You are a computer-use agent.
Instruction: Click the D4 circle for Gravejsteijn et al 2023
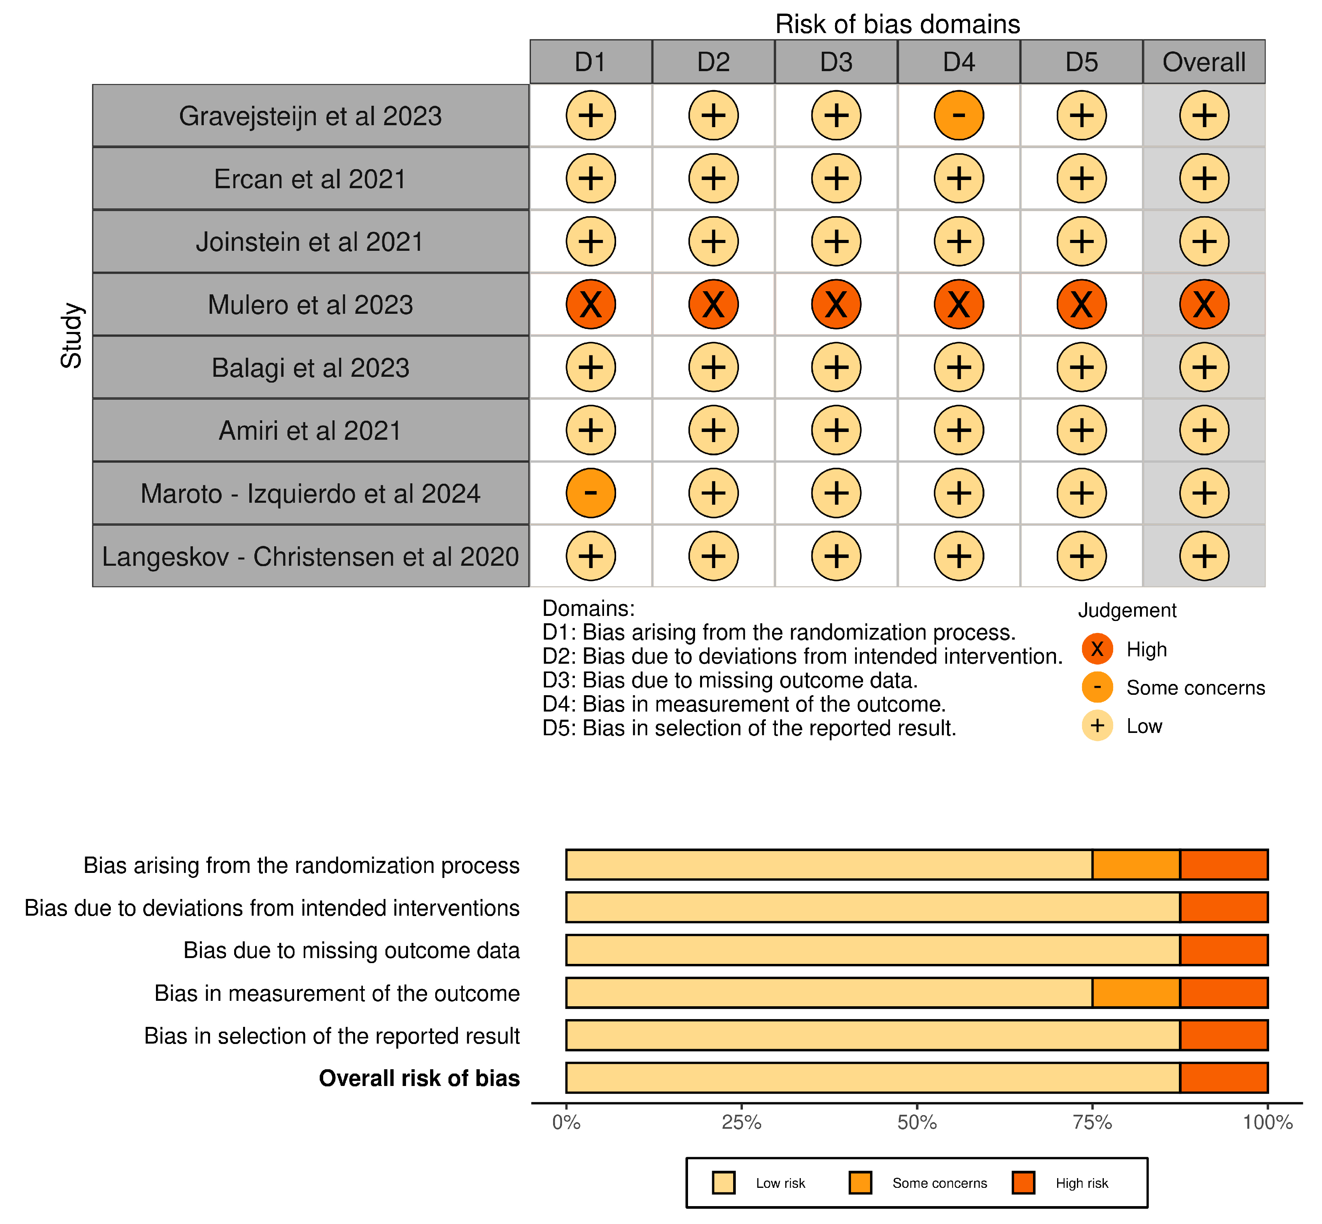click(958, 115)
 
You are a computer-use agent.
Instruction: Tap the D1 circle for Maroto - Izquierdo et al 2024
click(590, 493)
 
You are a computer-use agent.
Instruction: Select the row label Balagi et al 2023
click(310, 367)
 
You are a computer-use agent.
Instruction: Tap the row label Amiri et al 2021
click(310, 430)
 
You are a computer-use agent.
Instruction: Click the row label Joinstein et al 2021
click(310, 242)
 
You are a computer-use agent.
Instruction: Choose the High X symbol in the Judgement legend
click(1097, 649)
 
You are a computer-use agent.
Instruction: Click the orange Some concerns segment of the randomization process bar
click(1136, 865)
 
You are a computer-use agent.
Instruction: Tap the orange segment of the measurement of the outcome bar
click(1136, 993)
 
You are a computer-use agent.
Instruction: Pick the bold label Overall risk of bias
click(419, 1078)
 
